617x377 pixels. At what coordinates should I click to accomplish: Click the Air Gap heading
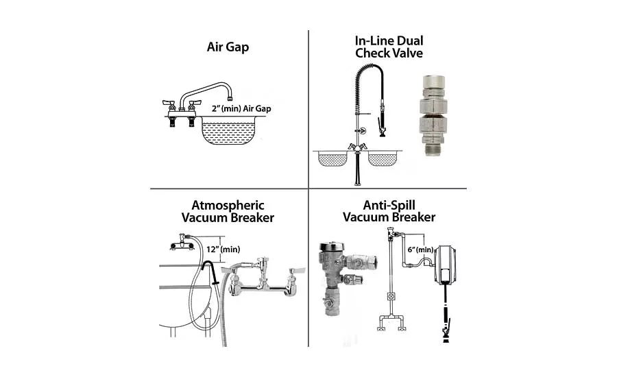[x=228, y=47]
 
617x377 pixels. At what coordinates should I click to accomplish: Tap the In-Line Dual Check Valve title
[x=389, y=47]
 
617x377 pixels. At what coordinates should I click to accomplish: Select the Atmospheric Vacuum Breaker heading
[x=228, y=211]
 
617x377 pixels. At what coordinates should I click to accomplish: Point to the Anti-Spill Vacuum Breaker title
[x=389, y=211]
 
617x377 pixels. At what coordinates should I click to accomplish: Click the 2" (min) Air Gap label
[x=241, y=108]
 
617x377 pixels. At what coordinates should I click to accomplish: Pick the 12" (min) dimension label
[x=223, y=249]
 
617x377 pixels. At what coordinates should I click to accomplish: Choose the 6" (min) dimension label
[x=420, y=250]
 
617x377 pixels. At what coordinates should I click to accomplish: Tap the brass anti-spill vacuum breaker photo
[x=346, y=278]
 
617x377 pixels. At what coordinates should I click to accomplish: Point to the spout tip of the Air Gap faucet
[x=230, y=98]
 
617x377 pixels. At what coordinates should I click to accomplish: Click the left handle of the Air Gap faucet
[x=169, y=104]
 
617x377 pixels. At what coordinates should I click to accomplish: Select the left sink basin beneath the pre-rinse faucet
[x=332, y=158]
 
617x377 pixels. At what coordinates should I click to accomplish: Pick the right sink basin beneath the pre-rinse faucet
[x=383, y=158]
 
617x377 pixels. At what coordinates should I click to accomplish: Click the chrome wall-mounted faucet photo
[x=263, y=278]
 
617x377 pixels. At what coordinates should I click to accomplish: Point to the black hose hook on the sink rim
[x=210, y=271]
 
